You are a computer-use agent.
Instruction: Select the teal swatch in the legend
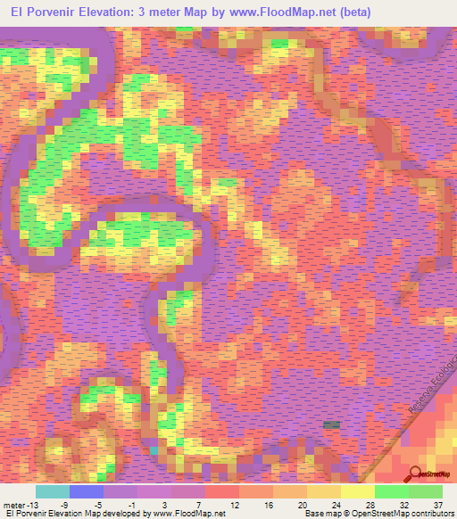click(x=53, y=491)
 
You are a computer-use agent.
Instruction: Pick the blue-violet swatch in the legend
click(x=87, y=491)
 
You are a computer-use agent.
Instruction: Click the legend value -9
click(x=63, y=504)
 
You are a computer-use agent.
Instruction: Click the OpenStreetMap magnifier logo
click(x=414, y=474)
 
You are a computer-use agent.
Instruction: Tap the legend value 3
click(x=164, y=504)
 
